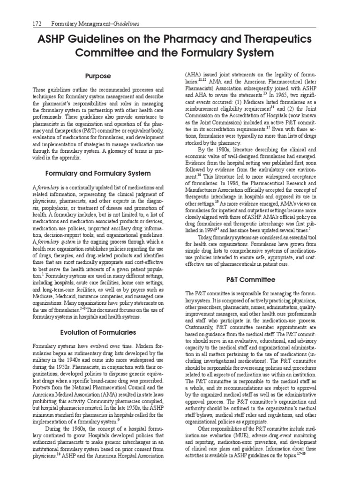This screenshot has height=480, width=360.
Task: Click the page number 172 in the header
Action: (37, 23)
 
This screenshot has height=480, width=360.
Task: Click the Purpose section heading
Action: (98, 76)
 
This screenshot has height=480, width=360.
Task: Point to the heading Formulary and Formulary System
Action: (98, 173)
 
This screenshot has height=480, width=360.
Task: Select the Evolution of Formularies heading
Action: (98, 332)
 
